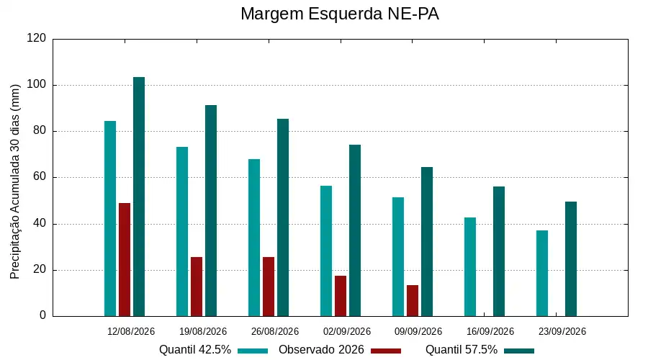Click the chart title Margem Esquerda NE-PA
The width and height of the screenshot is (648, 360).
pos(339,14)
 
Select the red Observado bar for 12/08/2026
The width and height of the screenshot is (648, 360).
pos(125,260)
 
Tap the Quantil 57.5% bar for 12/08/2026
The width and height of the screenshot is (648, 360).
pos(139,197)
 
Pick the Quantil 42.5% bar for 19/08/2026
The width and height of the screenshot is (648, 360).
pos(182,231)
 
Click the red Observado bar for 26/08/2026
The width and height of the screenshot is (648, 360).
pos(269,287)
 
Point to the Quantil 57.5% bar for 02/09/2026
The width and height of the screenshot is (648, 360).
pos(355,230)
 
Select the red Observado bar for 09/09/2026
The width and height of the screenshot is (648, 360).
pos(413,301)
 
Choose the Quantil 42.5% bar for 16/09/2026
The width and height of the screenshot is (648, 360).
pos(470,267)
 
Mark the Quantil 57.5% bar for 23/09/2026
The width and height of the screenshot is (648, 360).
pos(571,259)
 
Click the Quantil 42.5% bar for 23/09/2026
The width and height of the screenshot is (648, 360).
pos(542,273)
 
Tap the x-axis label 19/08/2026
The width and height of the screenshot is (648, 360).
pos(203,331)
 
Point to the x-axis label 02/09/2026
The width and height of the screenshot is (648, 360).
pos(347,331)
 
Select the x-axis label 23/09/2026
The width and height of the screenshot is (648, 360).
pos(562,331)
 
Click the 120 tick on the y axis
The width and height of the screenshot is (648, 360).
pos(37,38)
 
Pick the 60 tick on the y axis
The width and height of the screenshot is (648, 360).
pos(40,177)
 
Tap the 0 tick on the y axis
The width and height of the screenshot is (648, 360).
pos(43,315)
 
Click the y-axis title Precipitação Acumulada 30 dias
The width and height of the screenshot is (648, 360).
pos(15,182)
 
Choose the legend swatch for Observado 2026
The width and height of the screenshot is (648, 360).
pos(386,351)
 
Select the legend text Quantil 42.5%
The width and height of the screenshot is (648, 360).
pos(195,350)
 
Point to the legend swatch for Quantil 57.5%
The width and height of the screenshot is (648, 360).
pos(519,351)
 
